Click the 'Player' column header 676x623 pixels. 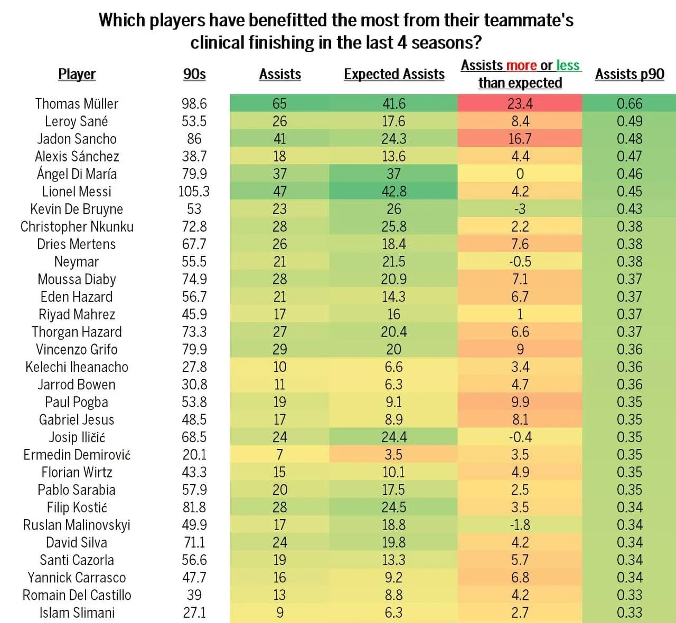click(x=77, y=74)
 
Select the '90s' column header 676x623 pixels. click(x=194, y=74)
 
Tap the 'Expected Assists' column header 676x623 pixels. click(x=394, y=74)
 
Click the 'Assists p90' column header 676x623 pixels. click(x=630, y=74)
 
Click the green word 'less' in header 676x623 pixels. click(x=568, y=65)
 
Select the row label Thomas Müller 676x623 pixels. click(x=77, y=103)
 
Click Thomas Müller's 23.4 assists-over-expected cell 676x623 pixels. click(x=520, y=103)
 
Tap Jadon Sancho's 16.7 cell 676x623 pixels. click(x=520, y=139)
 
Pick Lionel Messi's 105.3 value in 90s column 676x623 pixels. click(x=194, y=191)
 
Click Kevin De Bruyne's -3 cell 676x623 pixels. click(x=520, y=209)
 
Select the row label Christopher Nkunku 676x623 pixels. click(x=77, y=227)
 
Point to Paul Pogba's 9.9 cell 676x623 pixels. click(x=520, y=402)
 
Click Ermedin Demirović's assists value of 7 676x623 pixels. click(x=279, y=455)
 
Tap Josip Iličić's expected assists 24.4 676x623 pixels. click(x=393, y=437)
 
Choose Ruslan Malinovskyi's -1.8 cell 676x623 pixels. click(x=520, y=525)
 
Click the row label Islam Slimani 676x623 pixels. click(x=77, y=613)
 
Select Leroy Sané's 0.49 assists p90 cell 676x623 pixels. click(x=630, y=121)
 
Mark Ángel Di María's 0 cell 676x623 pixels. click(x=520, y=174)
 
